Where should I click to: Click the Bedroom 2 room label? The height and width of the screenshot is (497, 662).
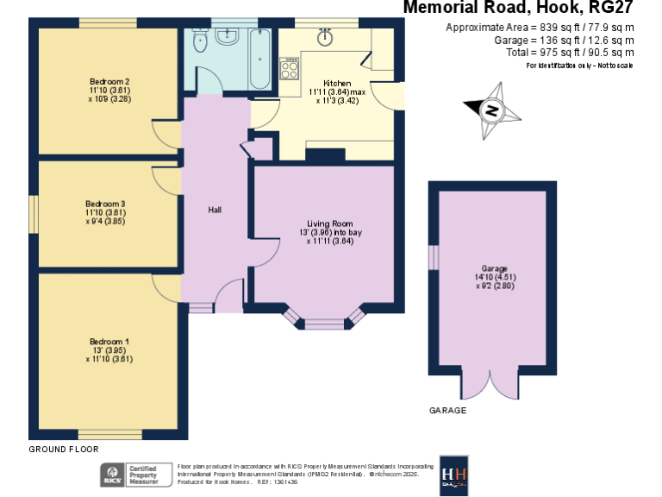click(x=108, y=81)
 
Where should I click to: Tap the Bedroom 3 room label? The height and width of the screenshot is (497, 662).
click(x=106, y=203)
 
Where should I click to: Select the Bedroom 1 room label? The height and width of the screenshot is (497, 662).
click(x=108, y=342)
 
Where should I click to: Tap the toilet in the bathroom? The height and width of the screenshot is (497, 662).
click(x=200, y=44)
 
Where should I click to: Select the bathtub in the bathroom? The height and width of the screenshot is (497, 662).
click(x=260, y=59)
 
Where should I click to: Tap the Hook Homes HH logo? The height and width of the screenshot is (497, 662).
click(x=454, y=475)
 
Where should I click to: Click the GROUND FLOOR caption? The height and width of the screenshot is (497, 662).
click(x=64, y=450)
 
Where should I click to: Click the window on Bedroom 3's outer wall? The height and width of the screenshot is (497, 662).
click(x=35, y=211)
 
